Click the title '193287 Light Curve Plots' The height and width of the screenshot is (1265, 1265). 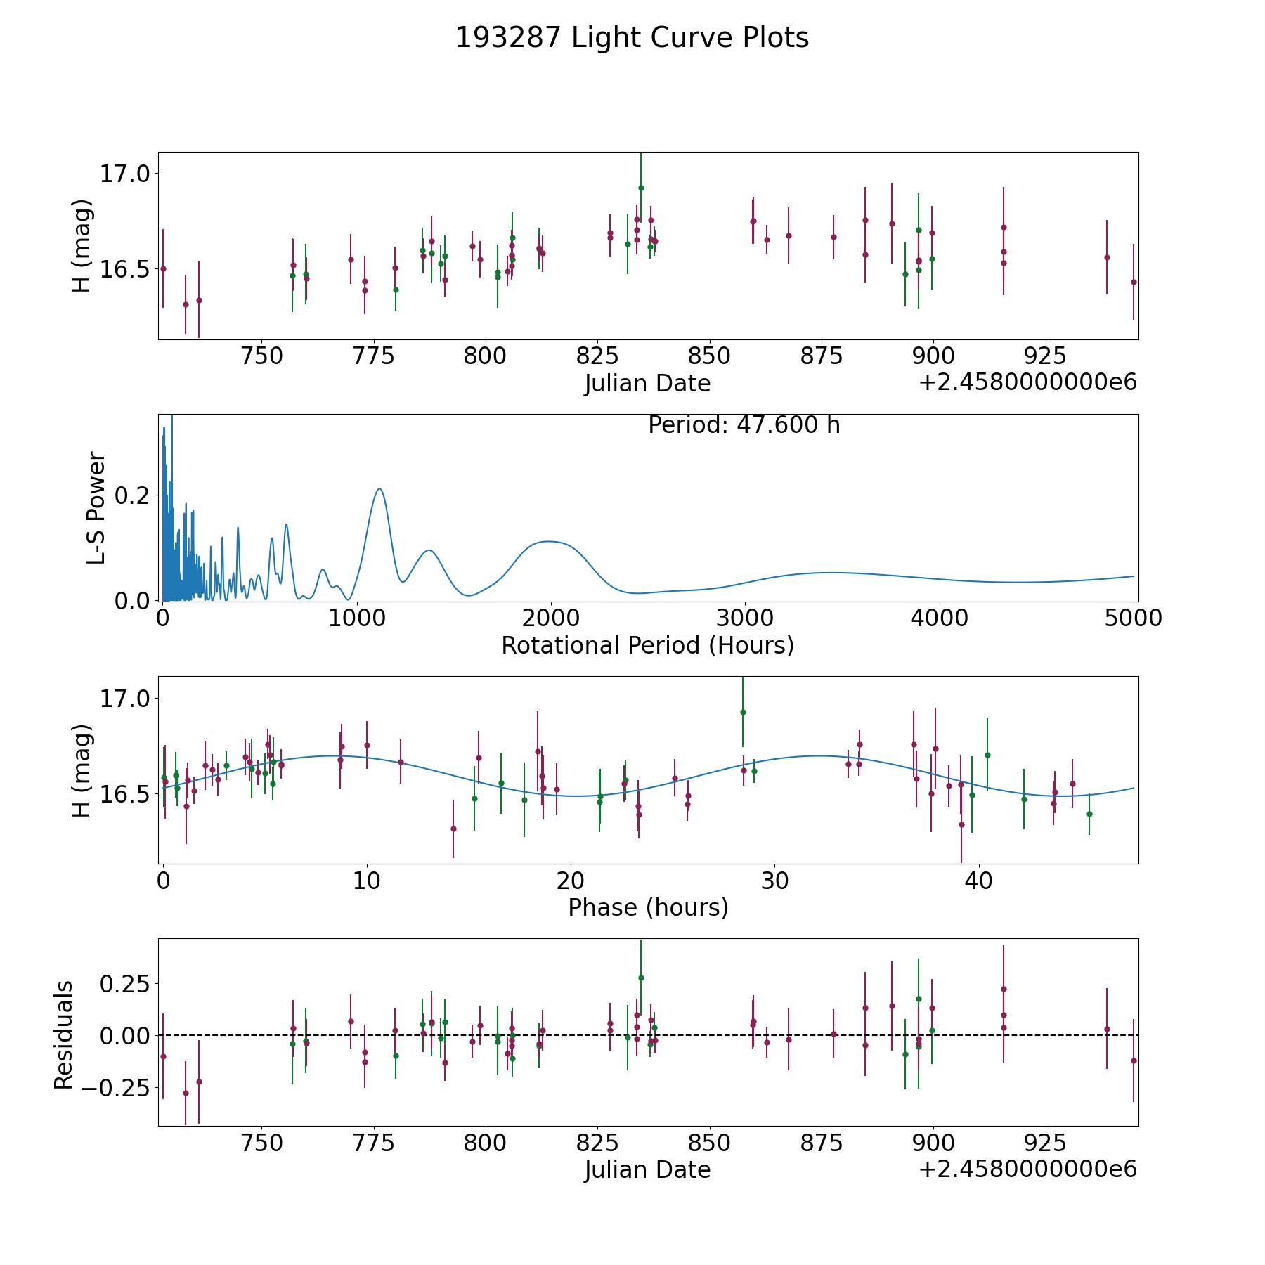(x=632, y=38)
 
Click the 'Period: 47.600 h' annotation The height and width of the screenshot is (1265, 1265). (x=744, y=425)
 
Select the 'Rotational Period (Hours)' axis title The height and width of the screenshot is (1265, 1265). (x=647, y=645)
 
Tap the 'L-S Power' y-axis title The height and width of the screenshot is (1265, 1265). (x=96, y=508)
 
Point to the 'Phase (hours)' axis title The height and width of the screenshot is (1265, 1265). (x=648, y=907)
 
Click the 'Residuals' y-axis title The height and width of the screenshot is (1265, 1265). (x=64, y=1034)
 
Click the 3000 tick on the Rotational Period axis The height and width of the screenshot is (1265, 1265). (x=744, y=618)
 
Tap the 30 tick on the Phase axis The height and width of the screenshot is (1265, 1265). (x=774, y=880)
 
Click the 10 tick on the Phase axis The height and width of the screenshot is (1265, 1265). (x=367, y=880)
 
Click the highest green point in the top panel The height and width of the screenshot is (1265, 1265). (x=641, y=188)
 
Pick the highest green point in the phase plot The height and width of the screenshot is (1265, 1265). (x=743, y=712)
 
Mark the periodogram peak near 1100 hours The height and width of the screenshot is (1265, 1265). (x=379, y=488)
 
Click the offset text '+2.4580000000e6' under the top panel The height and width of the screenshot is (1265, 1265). (x=1028, y=382)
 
